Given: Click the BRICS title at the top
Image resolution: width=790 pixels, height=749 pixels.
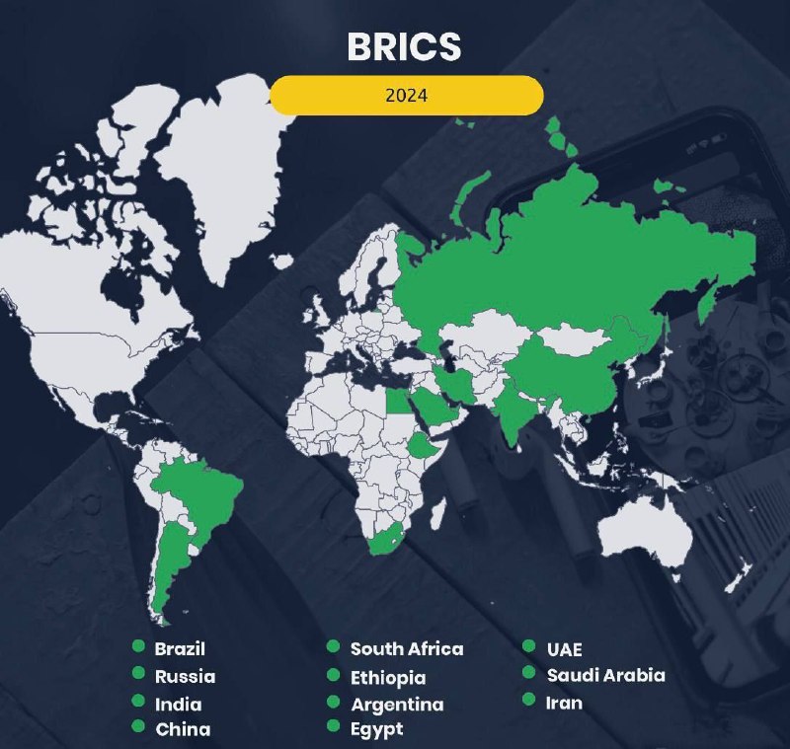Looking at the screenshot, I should click(404, 46).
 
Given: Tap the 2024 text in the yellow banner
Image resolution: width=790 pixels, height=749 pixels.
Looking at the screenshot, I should click(406, 96).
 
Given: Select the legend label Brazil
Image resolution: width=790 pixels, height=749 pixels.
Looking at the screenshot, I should click(180, 649).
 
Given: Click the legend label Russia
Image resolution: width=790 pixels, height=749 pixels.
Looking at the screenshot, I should click(185, 677).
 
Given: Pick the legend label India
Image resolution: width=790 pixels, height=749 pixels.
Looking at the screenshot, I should click(178, 704).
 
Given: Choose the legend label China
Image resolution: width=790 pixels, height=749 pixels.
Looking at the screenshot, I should click(183, 730).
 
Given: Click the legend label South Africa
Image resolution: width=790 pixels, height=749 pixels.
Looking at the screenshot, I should click(406, 649).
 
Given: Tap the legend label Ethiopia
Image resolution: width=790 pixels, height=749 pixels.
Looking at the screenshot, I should click(388, 677).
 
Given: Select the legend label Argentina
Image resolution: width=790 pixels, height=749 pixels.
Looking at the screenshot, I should click(397, 704).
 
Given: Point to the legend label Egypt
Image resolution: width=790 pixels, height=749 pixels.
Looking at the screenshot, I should click(377, 730).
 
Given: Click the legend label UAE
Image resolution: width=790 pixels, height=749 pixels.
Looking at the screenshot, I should click(565, 649).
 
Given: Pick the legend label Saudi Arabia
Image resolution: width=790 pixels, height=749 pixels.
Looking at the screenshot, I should click(605, 675).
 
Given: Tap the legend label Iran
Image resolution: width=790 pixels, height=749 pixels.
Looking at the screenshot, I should click(564, 703).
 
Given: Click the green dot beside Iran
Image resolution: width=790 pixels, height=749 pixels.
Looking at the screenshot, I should click(529, 701).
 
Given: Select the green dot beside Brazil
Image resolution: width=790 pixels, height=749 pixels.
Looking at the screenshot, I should click(138, 646).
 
